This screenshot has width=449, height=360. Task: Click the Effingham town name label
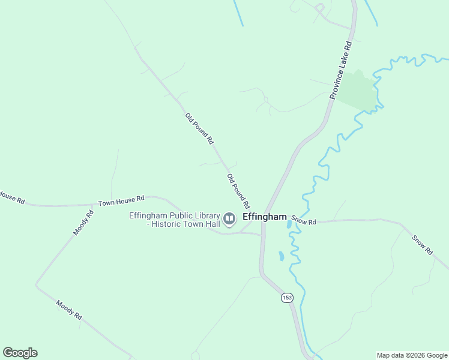264,217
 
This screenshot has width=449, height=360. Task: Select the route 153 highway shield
286,297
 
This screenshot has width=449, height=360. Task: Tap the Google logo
20,353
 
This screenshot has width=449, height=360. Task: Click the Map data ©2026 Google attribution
411,355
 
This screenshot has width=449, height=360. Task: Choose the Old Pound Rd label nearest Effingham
238,191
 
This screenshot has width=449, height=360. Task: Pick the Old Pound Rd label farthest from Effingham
199,129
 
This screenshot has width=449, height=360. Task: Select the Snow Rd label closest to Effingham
304,221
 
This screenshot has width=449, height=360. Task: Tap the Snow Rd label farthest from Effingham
422,245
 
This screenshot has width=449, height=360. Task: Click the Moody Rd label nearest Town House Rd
83,223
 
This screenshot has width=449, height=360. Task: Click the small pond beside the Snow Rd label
289,224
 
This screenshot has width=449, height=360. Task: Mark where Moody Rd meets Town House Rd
93,205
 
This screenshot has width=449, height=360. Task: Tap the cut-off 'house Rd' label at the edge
11,197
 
